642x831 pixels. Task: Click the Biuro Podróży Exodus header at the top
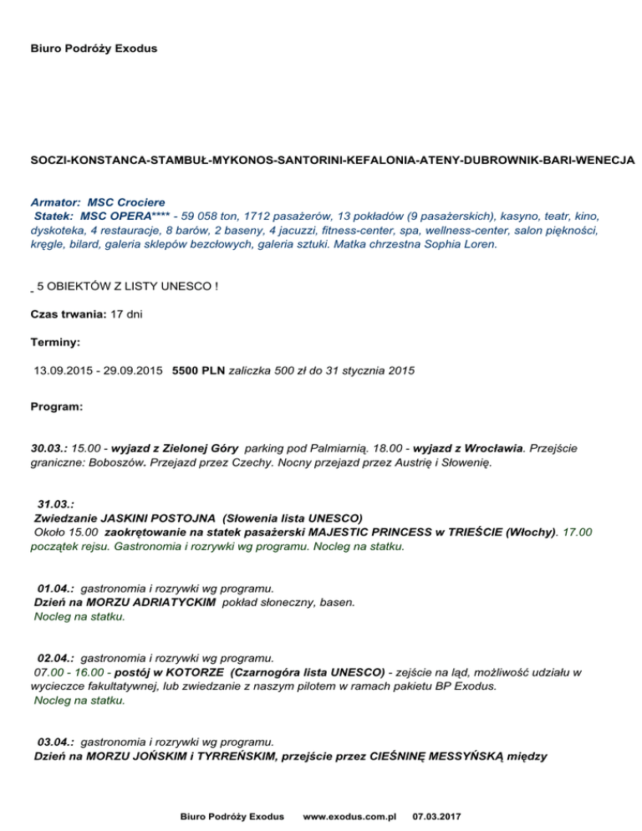pyautogui.click(x=94, y=48)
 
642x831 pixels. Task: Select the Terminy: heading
pyautogui.click(x=55, y=342)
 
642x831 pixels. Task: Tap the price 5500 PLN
pyautogui.click(x=198, y=370)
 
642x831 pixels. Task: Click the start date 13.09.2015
pyautogui.click(x=63, y=370)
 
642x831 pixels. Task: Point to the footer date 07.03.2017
pyautogui.click(x=441, y=815)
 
